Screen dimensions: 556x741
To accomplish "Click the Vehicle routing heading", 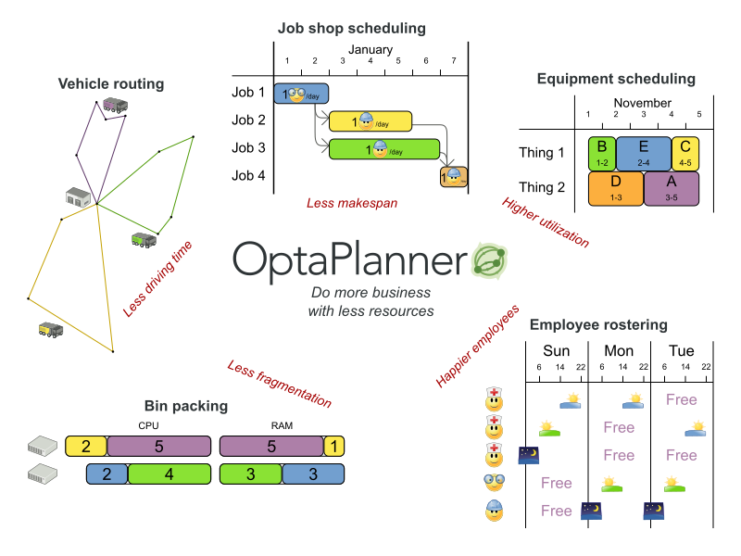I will coord(111,84).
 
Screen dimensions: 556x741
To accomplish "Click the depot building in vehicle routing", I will coord(80,196).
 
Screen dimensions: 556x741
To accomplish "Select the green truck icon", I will coord(144,240).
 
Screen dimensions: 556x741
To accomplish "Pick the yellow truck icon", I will coord(50,329).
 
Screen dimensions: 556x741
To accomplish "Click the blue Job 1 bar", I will coord(301,93).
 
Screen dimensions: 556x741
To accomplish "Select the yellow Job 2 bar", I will coord(370,120).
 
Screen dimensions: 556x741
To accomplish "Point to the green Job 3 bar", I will coord(383,149).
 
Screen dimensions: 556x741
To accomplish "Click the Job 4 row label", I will coord(248,176).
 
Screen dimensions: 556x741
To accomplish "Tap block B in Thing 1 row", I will coord(602,153).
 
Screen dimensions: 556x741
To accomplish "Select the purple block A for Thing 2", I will coord(671,188).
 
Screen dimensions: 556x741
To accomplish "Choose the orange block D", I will coord(616,188).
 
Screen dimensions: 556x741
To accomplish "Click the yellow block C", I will coord(685,153).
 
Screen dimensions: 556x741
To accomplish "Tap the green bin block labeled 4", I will coord(168,474).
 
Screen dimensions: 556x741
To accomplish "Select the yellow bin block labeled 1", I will coord(333,447).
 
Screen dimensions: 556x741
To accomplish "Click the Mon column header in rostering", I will coord(619,351).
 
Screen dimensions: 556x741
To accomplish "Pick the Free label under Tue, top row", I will coord(681,399).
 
